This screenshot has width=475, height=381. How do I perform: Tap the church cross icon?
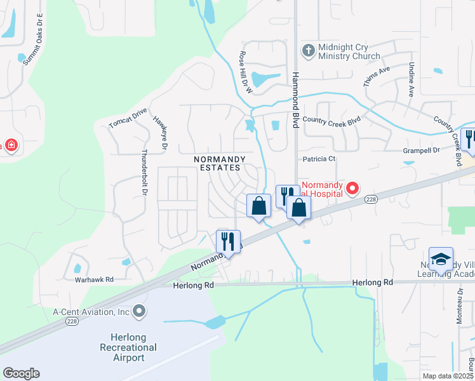pos(308,51)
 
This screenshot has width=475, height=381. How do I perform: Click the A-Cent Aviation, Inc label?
pos(91,312)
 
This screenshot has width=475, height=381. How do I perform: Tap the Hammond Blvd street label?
pos(295,100)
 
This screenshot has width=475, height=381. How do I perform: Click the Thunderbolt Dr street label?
pos(144,171)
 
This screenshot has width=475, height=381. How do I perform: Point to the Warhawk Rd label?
pos(93,279)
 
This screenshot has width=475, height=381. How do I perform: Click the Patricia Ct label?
pos(318,159)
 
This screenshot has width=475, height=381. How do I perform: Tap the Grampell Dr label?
pos(422,150)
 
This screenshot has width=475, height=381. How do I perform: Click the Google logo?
pos(21,373)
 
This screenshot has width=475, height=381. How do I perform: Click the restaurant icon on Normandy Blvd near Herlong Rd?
pos(228,241)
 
